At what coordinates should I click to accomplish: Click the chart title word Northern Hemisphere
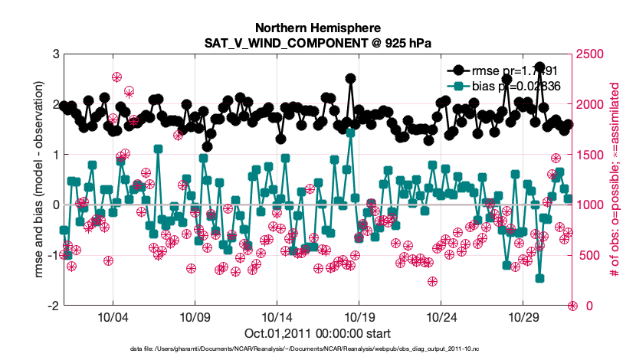click(317, 27)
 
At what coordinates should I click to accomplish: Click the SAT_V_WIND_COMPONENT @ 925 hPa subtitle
click(317, 43)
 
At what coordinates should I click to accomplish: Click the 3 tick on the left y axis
click(56, 54)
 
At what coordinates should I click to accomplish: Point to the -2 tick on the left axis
click(54, 306)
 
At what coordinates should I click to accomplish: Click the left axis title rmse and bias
click(39, 179)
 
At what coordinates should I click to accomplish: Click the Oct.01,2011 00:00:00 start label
click(317, 333)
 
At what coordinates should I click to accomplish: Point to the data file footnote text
click(317, 349)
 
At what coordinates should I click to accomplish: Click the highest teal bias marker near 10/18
click(350, 133)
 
